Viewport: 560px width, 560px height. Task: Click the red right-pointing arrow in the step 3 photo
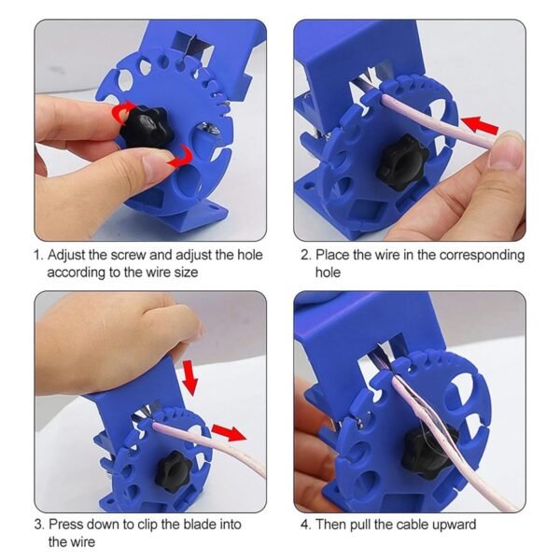228,432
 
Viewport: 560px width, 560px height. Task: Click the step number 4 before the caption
304,525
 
